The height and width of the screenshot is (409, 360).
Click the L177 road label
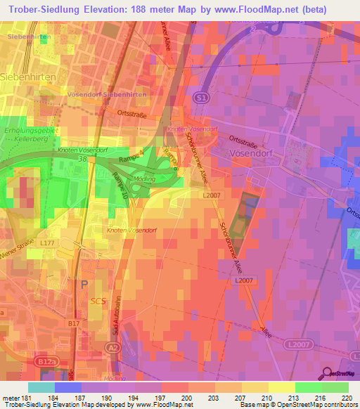pyautogui.click(x=47, y=242)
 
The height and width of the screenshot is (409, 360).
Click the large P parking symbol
pyautogui.click(x=85, y=285)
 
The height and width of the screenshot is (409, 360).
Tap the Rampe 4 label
pyautogui.click(x=146, y=153)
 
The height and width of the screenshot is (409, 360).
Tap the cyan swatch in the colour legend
pyautogui.click(x=41, y=387)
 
